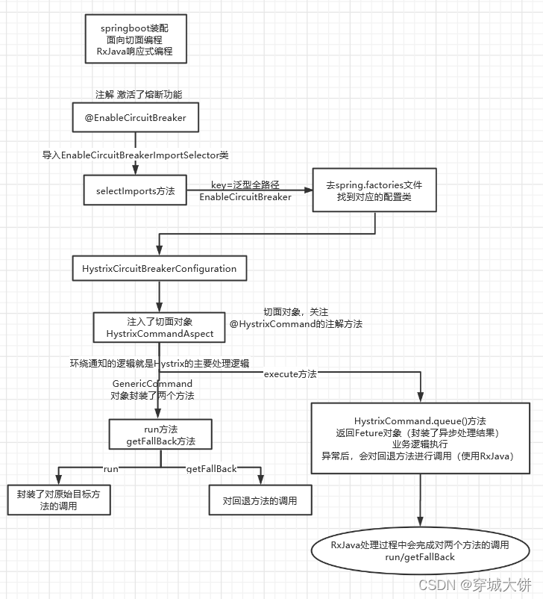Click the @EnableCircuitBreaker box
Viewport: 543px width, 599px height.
(135, 118)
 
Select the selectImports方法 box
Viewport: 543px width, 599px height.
(135, 191)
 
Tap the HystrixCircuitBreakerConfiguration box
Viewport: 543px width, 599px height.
(160, 268)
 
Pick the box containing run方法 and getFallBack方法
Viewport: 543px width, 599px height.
(160, 435)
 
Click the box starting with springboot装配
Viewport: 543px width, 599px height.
(135, 40)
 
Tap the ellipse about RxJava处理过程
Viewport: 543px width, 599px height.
(420, 550)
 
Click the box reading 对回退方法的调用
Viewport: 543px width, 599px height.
(260, 500)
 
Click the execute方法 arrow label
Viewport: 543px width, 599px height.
(289, 373)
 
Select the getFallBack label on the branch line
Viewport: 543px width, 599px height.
(211, 468)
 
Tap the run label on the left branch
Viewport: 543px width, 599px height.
(111, 468)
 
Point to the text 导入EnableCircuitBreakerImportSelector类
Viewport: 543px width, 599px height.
(135, 155)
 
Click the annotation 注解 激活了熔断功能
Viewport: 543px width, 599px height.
(138, 94)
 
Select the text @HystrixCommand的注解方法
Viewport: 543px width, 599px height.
(295, 323)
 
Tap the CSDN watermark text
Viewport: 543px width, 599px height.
(474, 584)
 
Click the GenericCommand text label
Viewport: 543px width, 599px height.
(151, 383)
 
